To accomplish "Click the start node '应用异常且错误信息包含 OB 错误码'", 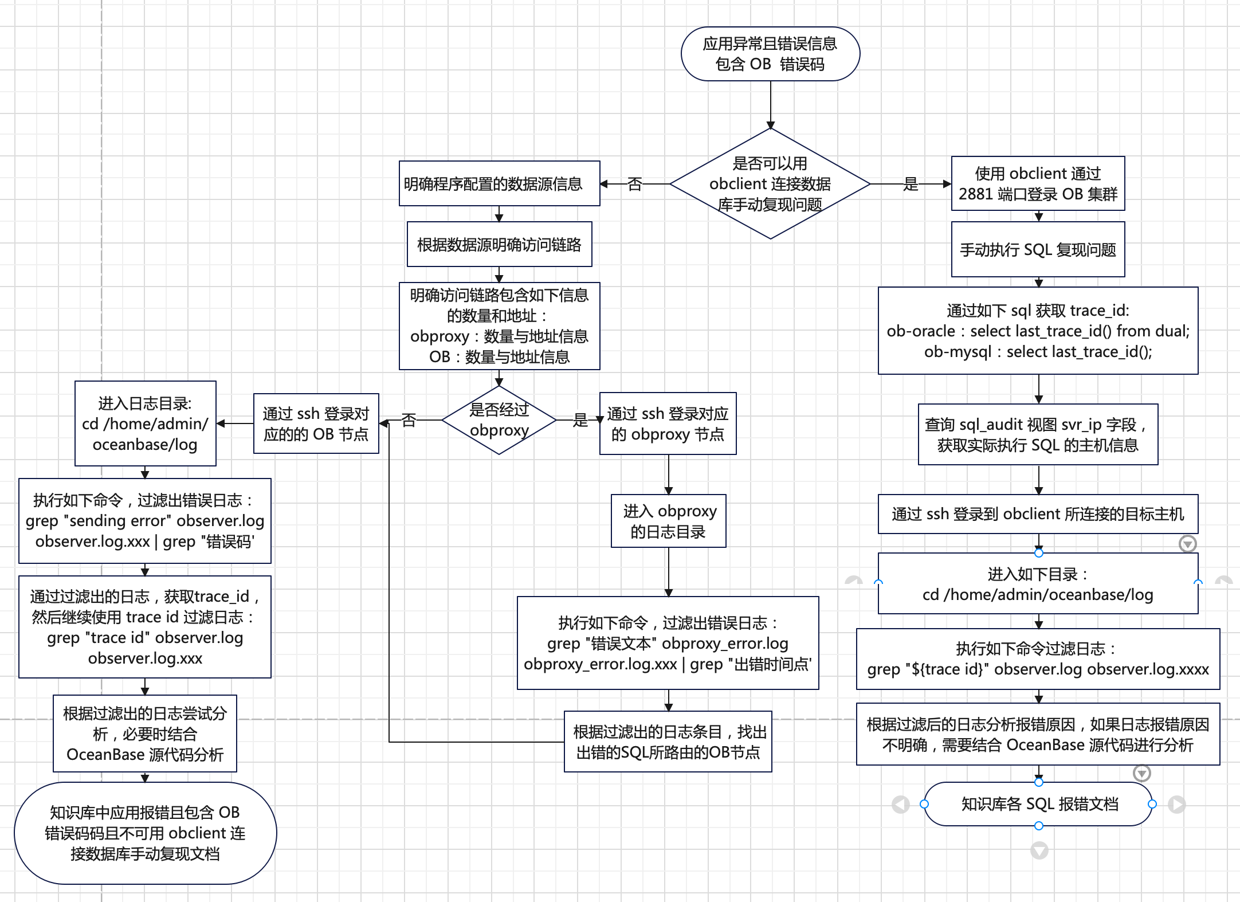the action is (x=770, y=54).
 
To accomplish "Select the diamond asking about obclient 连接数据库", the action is (x=770, y=183).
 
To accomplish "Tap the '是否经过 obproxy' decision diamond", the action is (x=499, y=420).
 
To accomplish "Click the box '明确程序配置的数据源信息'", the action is (x=499, y=183).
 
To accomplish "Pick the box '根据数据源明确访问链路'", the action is (x=499, y=244).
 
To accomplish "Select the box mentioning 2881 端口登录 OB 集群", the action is (x=1038, y=183).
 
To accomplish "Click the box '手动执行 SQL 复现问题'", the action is (x=1038, y=249).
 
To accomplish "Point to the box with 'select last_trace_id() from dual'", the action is (x=1038, y=331).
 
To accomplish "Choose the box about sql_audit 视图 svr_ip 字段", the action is (x=1038, y=434).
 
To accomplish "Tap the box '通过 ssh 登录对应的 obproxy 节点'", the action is (x=668, y=423).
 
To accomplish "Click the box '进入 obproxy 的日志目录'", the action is (x=668, y=521).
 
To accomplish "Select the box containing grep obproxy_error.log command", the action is (x=668, y=643).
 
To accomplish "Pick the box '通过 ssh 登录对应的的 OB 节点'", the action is (x=316, y=423).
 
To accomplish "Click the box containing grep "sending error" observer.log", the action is (x=144, y=521).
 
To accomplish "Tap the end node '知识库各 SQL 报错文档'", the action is (x=1038, y=804).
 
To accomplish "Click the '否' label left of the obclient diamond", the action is (x=634, y=184).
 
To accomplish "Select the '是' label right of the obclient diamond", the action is (x=911, y=184).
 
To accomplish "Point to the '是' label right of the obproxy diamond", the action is (x=580, y=420).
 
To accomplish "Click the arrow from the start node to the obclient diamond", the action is (x=770, y=105).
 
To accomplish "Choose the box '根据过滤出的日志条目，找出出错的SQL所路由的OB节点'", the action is (x=668, y=742).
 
